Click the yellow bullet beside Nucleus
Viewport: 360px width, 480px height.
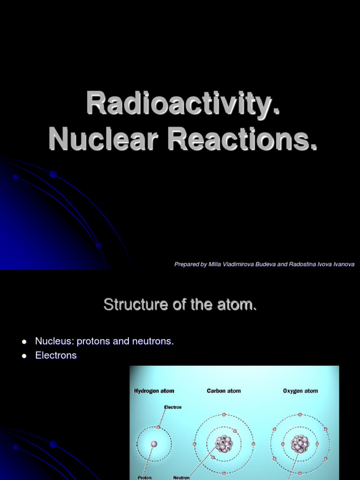pos(24,342)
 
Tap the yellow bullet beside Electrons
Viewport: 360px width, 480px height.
pos(24,356)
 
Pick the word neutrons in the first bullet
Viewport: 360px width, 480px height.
pos(153,341)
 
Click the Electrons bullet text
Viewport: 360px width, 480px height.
pos(56,355)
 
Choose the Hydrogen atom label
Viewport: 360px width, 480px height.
pos(154,391)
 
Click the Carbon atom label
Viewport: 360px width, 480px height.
pos(224,391)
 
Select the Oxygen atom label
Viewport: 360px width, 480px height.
pos(300,391)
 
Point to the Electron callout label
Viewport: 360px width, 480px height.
pos(172,407)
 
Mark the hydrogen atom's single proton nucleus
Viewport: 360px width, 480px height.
pos(154,444)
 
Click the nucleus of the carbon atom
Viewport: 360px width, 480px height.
pos(223,443)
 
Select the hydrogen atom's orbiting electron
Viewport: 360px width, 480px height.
pos(159,427)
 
